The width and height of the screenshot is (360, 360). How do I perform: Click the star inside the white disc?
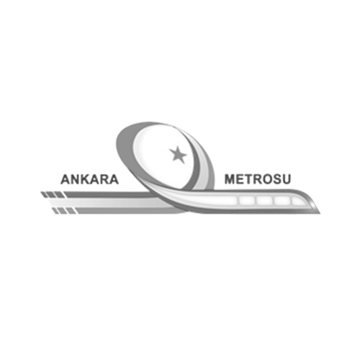[178, 155]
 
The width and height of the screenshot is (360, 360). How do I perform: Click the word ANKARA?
[90, 179]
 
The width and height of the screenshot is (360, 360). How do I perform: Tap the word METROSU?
[258, 179]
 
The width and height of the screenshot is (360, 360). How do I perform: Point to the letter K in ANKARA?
[86, 179]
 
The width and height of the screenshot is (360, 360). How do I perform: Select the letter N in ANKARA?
[76, 179]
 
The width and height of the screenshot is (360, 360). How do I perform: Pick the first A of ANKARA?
[66, 179]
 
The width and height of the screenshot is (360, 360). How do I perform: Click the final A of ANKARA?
[114, 179]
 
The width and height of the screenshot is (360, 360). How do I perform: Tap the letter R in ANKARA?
[104, 179]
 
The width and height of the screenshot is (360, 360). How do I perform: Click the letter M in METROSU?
[230, 179]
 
